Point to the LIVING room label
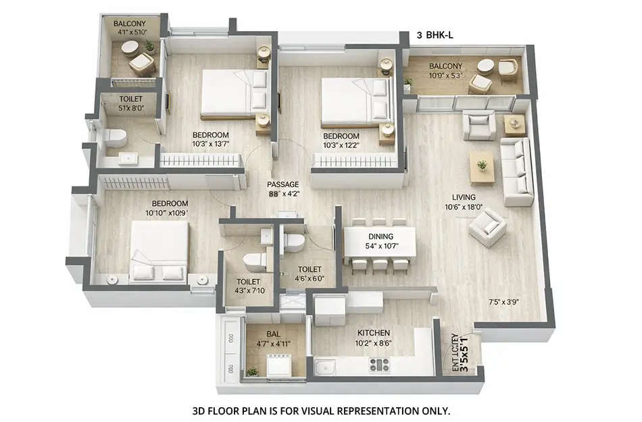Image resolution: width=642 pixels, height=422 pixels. (465, 197)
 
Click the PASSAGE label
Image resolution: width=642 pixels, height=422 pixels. (282, 184)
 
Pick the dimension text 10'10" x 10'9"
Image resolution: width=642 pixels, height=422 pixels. (165, 213)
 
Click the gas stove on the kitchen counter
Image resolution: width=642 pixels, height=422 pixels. (378, 365)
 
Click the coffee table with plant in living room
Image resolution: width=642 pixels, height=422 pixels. (482, 169)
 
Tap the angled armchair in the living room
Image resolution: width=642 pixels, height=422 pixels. (487, 227)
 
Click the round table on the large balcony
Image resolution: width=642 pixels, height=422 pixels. (485, 66)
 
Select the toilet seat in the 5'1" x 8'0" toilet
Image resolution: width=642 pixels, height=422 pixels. (116, 138)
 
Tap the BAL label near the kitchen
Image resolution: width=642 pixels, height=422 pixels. (272, 333)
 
